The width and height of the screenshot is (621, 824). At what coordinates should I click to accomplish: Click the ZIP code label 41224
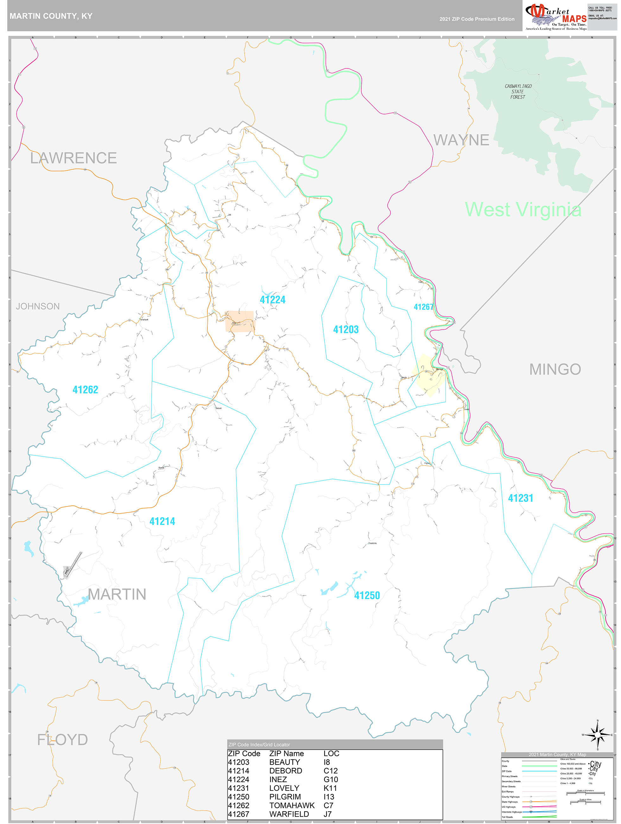tap(273, 300)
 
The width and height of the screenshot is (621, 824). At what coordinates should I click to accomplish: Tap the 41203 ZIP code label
tap(346, 330)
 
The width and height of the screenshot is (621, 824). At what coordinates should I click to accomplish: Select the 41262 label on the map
tap(85, 390)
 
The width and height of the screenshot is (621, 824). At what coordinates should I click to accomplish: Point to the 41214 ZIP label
tap(162, 522)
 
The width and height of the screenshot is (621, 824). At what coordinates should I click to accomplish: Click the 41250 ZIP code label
tap(367, 595)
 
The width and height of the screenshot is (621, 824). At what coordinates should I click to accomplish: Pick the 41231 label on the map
tap(521, 499)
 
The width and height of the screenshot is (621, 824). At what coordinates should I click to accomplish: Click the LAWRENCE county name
tap(73, 158)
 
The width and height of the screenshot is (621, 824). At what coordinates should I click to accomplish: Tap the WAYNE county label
tap(461, 140)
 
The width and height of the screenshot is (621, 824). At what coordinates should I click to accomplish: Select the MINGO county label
tap(555, 370)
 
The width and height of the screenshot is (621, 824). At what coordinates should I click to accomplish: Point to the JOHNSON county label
tap(38, 306)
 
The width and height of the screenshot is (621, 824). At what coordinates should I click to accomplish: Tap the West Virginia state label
tap(523, 210)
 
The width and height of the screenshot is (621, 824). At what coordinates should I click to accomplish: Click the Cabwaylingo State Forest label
tap(518, 92)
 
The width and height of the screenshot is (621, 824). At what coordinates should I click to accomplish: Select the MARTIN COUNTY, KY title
tap(51, 16)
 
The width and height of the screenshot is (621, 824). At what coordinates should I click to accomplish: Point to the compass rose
tap(597, 735)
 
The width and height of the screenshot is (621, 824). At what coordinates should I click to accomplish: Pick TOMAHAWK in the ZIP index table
tap(292, 805)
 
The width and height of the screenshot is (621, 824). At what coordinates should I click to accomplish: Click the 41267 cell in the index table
tap(238, 814)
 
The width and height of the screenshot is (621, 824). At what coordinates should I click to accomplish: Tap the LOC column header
tap(331, 754)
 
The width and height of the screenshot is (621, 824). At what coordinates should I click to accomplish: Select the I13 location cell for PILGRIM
tap(329, 797)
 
